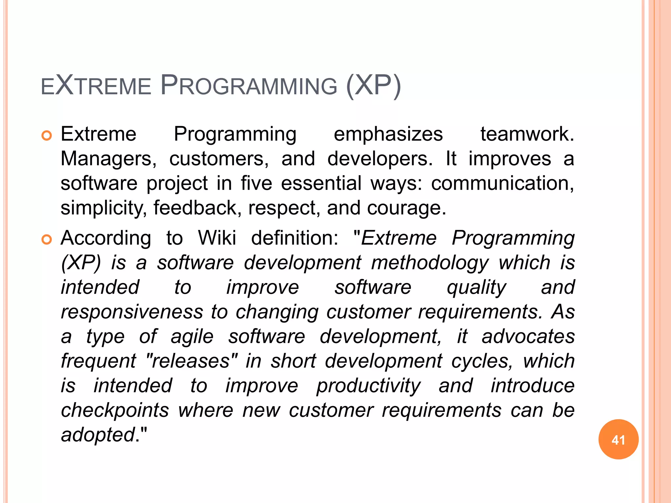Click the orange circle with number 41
[x=618, y=439]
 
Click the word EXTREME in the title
[x=96, y=86]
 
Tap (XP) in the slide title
[x=373, y=86]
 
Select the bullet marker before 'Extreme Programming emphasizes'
[x=47, y=136]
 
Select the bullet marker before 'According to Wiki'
[x=47, y=240]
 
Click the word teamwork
[x=527, y=134]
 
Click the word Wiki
[x=217, y=238]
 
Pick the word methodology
[x=430, y=263]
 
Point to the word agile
[x=192, y=337]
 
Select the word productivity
[x=368, y=386]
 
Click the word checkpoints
[x=115, y=410]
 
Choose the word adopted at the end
[x=98, y=435]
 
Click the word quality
[x=476, y=288]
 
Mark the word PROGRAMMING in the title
[x=249, y=86]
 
